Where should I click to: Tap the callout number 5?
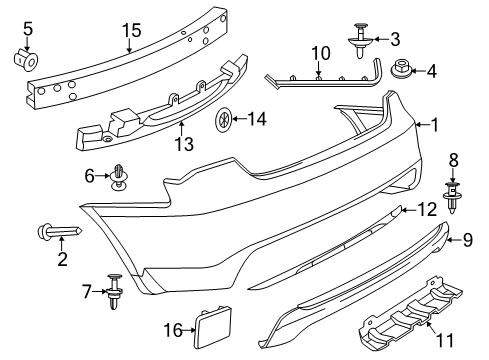pos(28,26)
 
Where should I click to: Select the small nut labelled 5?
pos(28,58)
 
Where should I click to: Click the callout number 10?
pos(320,52)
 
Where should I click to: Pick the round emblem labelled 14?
pos(224,121)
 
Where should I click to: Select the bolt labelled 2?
pos(57,232)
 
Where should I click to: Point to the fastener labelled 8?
pos(454,217)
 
